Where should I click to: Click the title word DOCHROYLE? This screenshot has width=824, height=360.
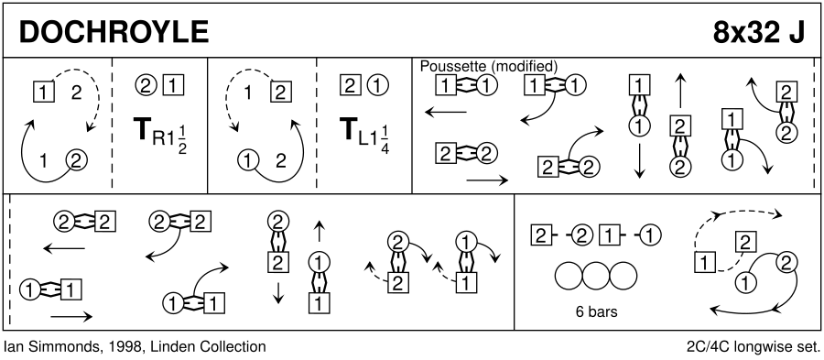pyautogui.click(x=114, y=33)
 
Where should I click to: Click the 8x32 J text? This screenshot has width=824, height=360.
pyautogui.click(x=759, y=33)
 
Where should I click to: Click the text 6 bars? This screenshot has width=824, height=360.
pyautogui.click(x=596, y=311)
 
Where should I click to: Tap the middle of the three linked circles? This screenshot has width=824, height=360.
pyautogui.click(x=596, y=276)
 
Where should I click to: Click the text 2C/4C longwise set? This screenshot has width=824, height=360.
pyautogui.click(x=753, y=347)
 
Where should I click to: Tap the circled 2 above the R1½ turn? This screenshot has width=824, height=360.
pyautogui.click(x=146, y=84)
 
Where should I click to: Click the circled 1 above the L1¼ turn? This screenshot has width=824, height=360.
pyautogui.click(x=377, y=84)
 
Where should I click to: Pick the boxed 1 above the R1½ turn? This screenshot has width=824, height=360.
pyautogui.click(x=173, y=84)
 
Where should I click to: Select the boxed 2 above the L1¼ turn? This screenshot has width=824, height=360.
pyautogui.click(x=351, y=84)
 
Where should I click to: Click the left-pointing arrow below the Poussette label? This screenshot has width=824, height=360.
pyautogui.click(x=446, y=112)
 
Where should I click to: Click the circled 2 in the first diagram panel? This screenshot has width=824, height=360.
pyautogui.click(x=76, y=159)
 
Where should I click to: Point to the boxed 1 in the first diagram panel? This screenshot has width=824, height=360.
pyautogui.click(x=44, y=93)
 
